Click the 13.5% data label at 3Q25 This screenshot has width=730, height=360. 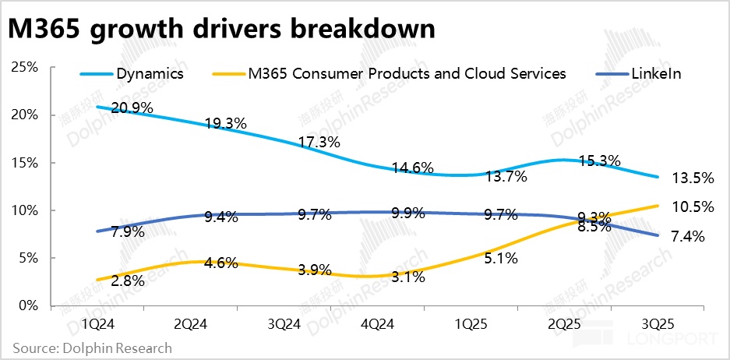click(693, 178)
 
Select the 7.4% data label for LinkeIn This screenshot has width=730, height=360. click(687, 237)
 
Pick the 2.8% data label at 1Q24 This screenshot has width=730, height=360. click(128, 281)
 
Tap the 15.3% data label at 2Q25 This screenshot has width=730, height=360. click(600, 161)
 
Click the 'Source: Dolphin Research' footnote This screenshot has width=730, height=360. click(92, 348)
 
